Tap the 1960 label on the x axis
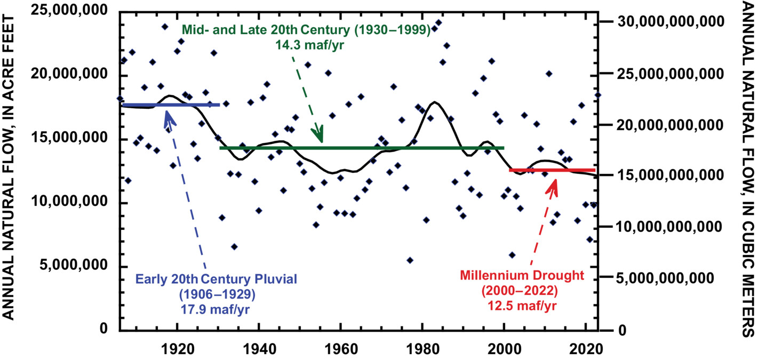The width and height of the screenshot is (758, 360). pos(340,348)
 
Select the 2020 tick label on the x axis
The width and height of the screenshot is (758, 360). pos(586,348)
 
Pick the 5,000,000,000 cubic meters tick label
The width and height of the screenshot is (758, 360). pos(670,278)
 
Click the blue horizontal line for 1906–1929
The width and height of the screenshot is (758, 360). pos(171,105)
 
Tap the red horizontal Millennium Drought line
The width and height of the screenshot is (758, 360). pos(552,170)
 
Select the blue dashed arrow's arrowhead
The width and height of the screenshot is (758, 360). pos(169,115)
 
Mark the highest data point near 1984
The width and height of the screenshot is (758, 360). pos(438,22)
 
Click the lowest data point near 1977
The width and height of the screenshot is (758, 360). pos(410,260)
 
